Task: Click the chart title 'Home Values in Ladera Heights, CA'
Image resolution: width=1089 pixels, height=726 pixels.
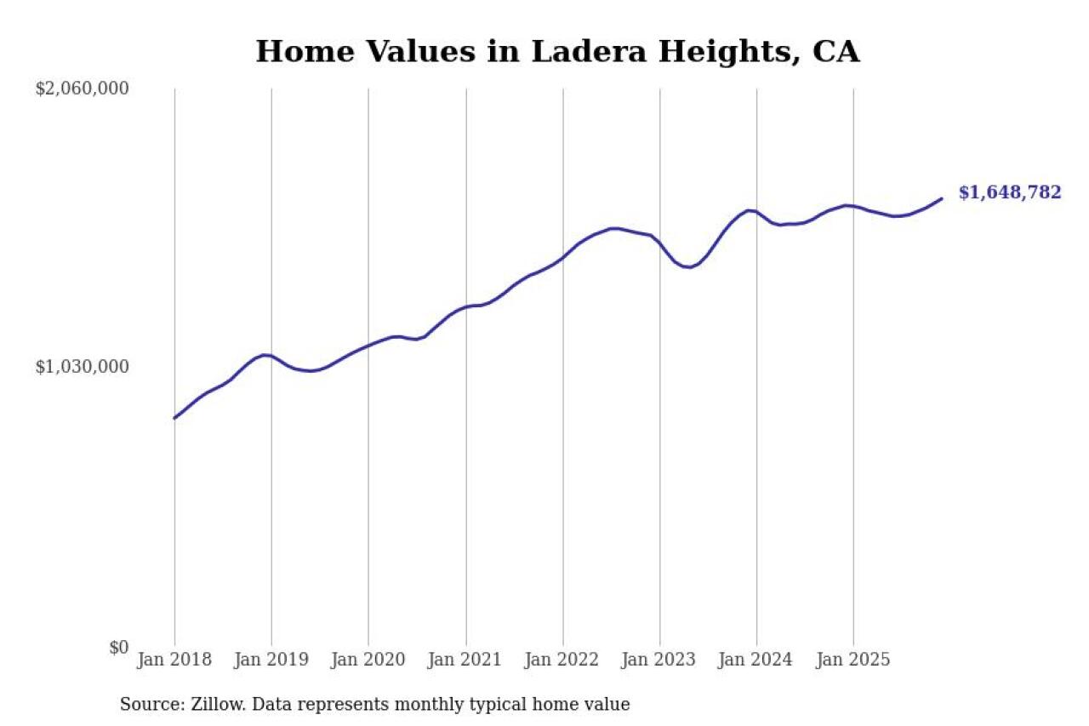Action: pyautogui.click(x=557, y=51)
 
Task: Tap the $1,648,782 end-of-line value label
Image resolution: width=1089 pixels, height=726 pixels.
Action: pyautogui.click(x=1010, y=192)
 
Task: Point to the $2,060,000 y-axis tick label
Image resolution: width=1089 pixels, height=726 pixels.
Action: pyautogui.click(x=83, y=89)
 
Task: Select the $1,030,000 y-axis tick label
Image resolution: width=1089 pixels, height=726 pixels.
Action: pyautogui.click(x=83, y=367)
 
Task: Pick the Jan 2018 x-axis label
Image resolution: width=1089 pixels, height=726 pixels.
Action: pyautogui.click(x=174, y=660)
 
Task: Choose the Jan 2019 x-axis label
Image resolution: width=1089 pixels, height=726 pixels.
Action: pyautogui.click(x=271, y=660)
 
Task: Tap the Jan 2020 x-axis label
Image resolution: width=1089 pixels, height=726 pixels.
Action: pyautogui.click(x=368, y=660)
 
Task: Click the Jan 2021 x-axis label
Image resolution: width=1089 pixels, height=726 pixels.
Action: pyautogui.click(x=465, y=660)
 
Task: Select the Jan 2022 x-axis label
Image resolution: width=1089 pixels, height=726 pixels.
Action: pyautogui.click(x=562, y=660)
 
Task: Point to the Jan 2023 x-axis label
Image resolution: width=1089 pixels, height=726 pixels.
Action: pyautogui.click(x=659, y=660)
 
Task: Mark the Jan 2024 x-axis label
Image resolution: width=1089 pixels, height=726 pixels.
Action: pyautogui.click(x=756, y=660)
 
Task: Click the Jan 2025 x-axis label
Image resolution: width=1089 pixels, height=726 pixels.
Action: pyautogui.click(x=853, y=660)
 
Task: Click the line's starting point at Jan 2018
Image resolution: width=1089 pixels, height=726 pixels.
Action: pyautogui.click(x=175, y=418)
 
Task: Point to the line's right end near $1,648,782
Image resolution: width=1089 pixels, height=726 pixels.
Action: pyautogui.click(x=941, y=198)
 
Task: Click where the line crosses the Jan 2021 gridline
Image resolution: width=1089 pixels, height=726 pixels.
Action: pyautogui.click(x=465, y=306)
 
